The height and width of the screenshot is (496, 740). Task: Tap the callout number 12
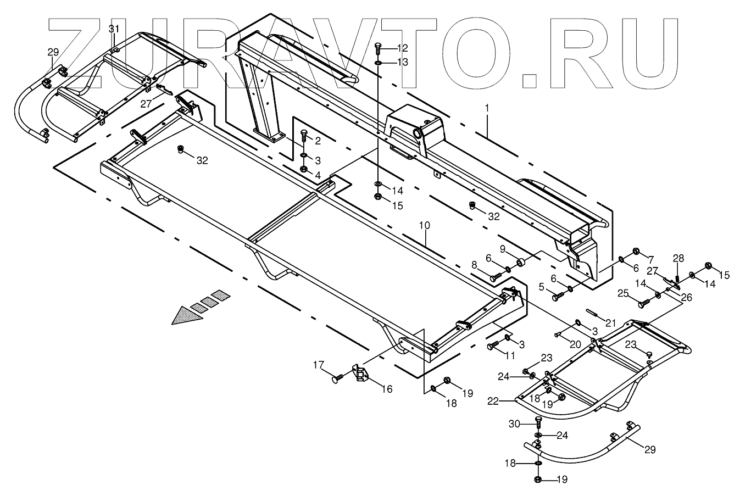pyautogui.click(x=403, y=48)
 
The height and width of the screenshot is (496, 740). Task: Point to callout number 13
pyautogui.click(x=403, y=63)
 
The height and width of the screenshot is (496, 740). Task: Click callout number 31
pyautogui.click(x=113, y=29)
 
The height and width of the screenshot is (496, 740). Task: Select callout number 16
pyautogui.click(x=387, y=389)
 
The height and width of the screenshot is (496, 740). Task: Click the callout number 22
pyautogui.click(x=492, y=402)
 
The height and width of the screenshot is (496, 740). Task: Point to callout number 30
pyautogui.click(x=514, y=423)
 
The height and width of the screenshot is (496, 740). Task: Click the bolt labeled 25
pyautogui.click(x=641, y=301)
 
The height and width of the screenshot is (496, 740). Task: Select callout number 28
pyautogui.click(x=679, y=258)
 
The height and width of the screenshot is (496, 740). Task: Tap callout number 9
pyautogui.click(x=502, y=248)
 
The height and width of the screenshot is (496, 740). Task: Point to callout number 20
pyautogui.click(x=574, y=344)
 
